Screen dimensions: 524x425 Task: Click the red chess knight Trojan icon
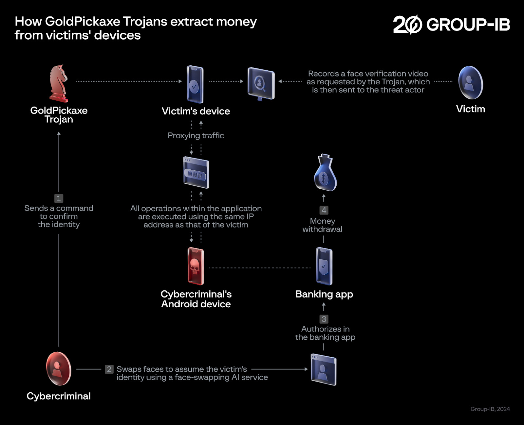(x=59, y=83)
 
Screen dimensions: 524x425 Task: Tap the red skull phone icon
(x=196, y=266)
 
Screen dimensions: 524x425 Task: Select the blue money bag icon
(x=325, y=173)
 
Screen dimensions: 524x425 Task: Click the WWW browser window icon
(x=196, y=172)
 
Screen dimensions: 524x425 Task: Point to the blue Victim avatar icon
(x=471, y=83)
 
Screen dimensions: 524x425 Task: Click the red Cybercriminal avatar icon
(x=59, y=368)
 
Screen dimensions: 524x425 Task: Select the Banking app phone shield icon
(x=324, y=266)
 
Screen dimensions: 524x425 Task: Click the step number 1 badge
(x=59, y=198)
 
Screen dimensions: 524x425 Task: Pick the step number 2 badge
(x=109, y=369)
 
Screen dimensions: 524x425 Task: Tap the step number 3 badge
(x=324, y=319)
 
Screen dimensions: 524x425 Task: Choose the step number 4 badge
(x=324, y=210)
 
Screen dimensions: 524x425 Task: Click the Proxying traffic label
(x=196, y=136)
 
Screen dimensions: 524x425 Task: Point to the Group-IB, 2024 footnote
(x=490, y=409)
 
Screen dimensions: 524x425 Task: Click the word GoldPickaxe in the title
(x=83, y=22)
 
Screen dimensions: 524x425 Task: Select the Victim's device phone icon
(x=195, y=84)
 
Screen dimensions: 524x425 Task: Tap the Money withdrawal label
(x=322, y=225)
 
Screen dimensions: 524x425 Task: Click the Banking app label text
(x=324, y=294)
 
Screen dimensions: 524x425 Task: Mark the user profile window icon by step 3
(x=324, y=369)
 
